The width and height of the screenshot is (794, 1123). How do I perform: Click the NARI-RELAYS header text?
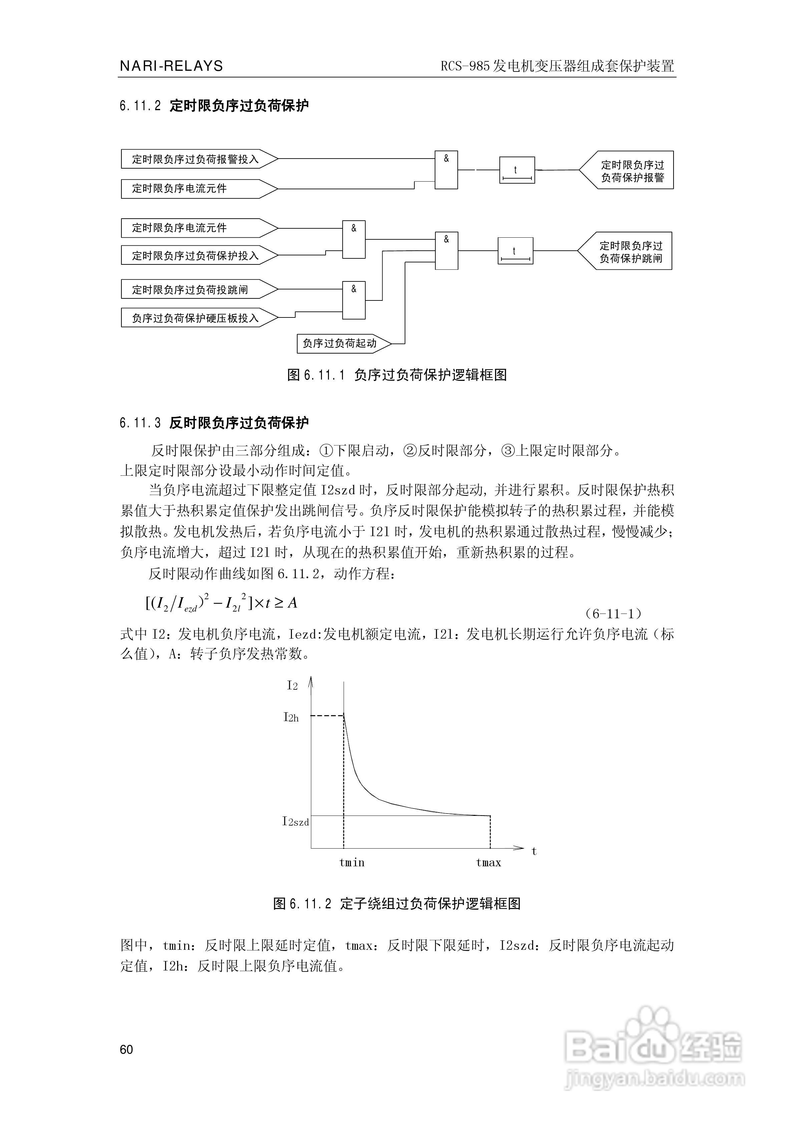pyautogui.click(x=171, y=66)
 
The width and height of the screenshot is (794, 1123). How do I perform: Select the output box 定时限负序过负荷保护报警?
pyautogui.click(x=631, y=171)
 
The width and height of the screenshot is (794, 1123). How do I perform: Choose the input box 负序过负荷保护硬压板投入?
pyautogui.click(x=195, y=318)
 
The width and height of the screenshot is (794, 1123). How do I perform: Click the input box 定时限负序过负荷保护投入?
pyautogui.click(x=195, y=256)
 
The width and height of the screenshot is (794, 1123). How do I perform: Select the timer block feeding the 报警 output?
pyautogui.click(x=517, y=170)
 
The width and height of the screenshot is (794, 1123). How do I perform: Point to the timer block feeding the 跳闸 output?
pyautogui.click(x=515, y=251)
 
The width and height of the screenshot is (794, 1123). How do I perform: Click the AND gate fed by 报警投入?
pyautogui.click(x=446, y=170)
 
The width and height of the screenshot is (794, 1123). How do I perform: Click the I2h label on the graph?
pyautogui.click(x=291, y=717)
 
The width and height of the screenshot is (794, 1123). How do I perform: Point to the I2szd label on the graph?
pyautogui.click(x=295, y=821)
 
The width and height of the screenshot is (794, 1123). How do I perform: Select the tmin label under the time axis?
pyautogui.click(x=352, y=862)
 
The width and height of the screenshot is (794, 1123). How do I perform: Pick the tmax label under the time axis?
pyautogui.click(x=488, y=862)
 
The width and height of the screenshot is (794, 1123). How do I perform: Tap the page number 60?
pyautogui.click(x=126, y=1049)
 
